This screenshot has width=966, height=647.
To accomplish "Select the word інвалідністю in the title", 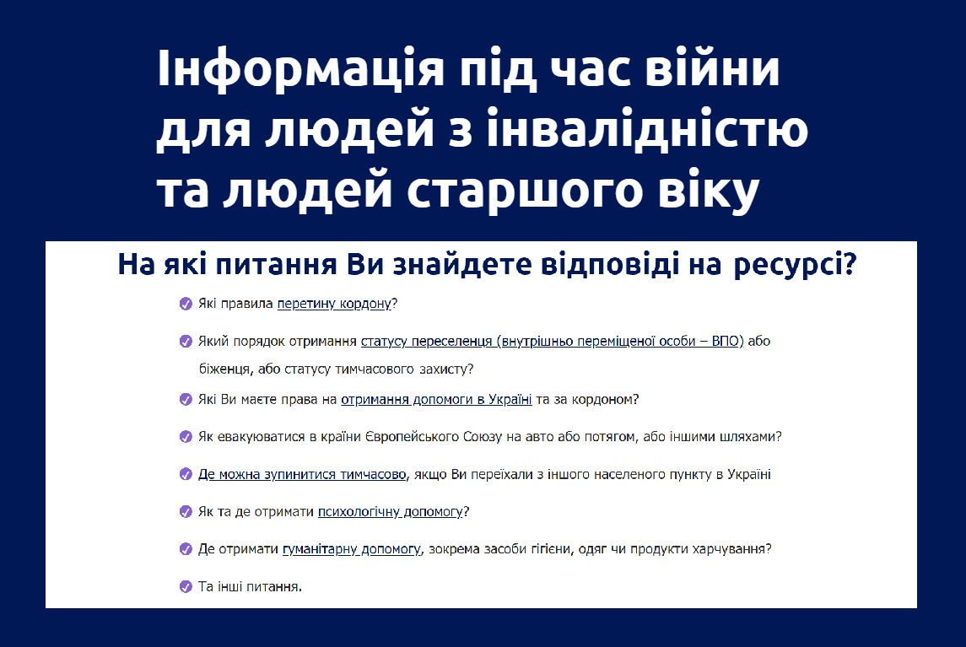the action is pyautogui.click(x=647, y=127).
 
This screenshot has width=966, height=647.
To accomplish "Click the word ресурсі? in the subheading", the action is pyautogui.click(x=795, y=265).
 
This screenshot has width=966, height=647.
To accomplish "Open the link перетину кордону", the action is pyautogui.click(x=334, y=304).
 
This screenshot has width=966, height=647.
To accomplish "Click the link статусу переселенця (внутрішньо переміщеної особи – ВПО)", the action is pyautogui.click(x=552, y=342).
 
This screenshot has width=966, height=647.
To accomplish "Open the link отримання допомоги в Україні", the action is pyautogui.click(x=436, y=399).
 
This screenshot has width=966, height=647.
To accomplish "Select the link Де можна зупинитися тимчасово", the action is pyautogui.click(x=302, y=474).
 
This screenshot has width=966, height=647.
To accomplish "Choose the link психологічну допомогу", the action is pyautogui.click(x=390, y=512).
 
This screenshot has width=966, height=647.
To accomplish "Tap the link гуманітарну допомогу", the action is pyautogui.click(x=351, y=549).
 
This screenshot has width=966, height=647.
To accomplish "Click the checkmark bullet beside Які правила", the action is pyautogui.click(x=186, y=303).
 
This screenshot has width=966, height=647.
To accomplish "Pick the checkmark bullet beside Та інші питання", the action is pyautogui.click(x=186, y=586).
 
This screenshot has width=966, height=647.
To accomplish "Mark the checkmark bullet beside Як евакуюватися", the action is pyautogui.click(x=186, y=437).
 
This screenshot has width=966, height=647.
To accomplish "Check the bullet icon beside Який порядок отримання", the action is pyautogui.click(x=186, y=342).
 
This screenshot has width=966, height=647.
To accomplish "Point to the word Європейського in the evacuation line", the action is pyautogui.click(x=416, y=437).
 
